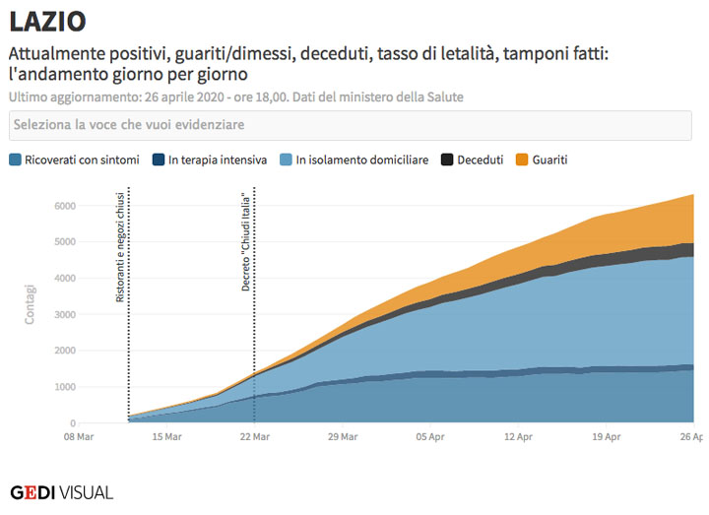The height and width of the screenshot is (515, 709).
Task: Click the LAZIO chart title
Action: pos(47,21)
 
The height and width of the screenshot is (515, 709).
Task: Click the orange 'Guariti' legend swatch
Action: pos(522,160)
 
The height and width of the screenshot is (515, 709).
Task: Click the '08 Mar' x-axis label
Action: pos(80,436)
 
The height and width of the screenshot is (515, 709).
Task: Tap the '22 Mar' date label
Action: pos(254,436)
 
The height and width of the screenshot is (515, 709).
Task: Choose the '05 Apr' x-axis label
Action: pos(429,436)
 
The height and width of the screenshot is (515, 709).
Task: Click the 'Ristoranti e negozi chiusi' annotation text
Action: pos(120,253)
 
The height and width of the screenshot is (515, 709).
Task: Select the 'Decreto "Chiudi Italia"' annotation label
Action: pos(246,242)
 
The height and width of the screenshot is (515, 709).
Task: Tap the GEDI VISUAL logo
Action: pos(61,491)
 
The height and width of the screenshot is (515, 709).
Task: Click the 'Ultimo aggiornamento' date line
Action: pos(235,97)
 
